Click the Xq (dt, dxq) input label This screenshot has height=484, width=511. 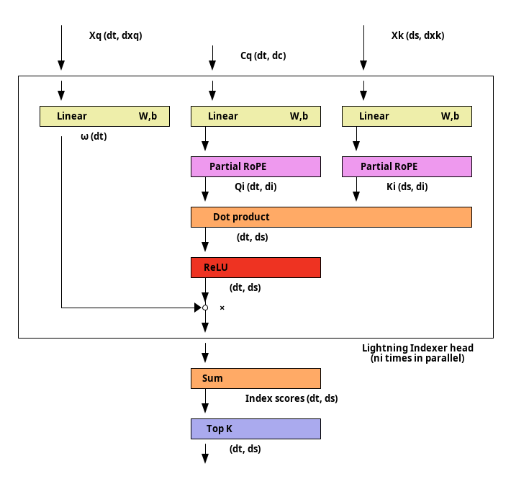tap(116, 35)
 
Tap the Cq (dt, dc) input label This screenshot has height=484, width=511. tap(263, 55)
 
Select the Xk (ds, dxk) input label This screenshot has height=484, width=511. tap(417, 35)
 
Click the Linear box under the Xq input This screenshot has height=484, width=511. tap(104, 116)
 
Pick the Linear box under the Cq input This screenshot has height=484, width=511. tap(256, 116)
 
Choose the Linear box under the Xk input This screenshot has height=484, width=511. tap(407, 116)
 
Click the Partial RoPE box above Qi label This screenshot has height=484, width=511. tap(256, 166)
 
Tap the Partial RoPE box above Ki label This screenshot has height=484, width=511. tap(407, 166)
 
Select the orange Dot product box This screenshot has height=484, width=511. tap(332, 217)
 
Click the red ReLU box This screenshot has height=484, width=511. tap(256, 267)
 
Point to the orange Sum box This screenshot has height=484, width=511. tap(256, 378)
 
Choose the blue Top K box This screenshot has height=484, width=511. tap(256, 429)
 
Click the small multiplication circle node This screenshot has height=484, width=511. tap(205, 308)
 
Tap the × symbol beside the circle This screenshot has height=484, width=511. tap(222, 308)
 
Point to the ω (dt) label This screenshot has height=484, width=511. tap(94, 136)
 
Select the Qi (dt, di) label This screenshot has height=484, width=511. tap(256, 187)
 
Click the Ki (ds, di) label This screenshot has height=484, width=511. tap(407, 187)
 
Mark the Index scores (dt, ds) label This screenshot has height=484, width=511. tap(291, 398)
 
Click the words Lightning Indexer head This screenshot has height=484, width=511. tap(417, 348)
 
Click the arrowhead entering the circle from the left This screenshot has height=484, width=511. tap(198, 308)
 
